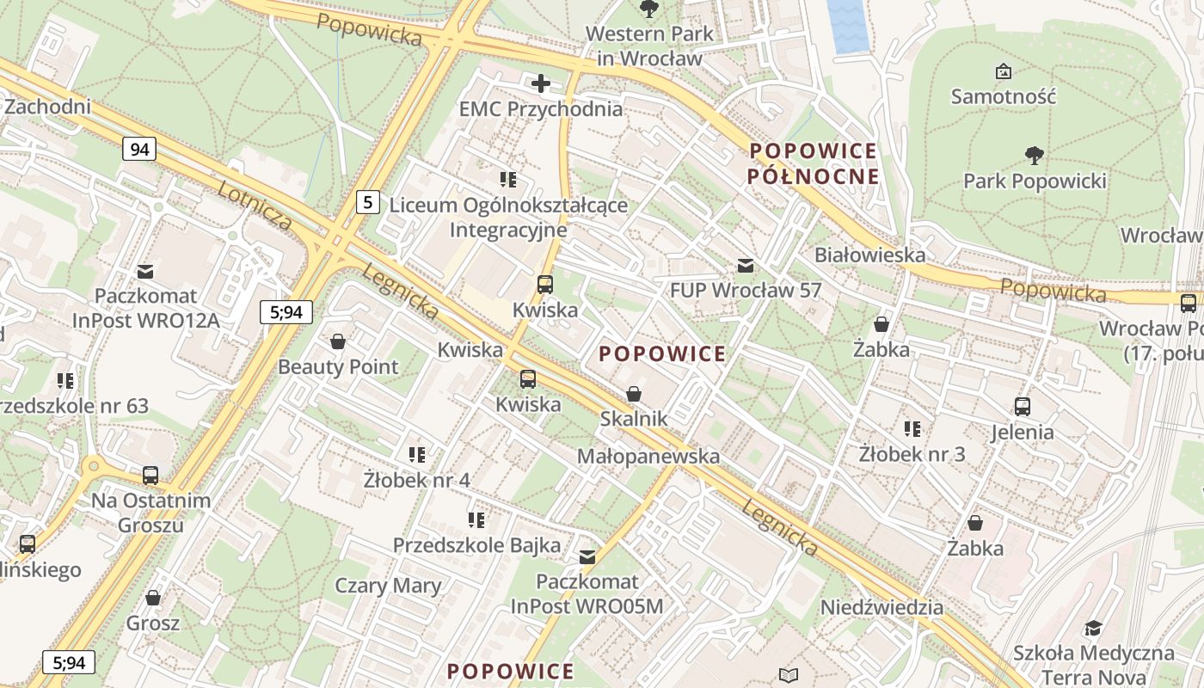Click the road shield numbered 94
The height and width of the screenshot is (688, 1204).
pyautogui.click(x=139, y=150)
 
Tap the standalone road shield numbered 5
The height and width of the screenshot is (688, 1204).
pyautogui.click(x=368, y=203)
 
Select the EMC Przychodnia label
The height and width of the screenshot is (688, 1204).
pyautogui.click(x=540, y=109)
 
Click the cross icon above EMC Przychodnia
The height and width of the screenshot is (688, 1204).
pyautogui.click(x=540, y=83)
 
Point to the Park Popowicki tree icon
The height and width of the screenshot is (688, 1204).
pyautogui.click(x=1034, y=156)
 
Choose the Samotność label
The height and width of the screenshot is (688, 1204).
pyautogui.click(x=1003, y=96)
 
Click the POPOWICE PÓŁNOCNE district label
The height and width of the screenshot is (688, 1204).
pyautogui.click(x=813, y=163)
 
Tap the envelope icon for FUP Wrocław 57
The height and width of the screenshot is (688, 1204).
pyautogui.click(x=745, y=266)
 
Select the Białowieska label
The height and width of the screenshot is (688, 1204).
pyautogui.click(x=869, y=255)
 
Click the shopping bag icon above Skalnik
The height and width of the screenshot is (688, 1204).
pyautogui.click(x=634, y=394)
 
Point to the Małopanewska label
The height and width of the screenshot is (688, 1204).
pyautogui.click(x=648, y=456)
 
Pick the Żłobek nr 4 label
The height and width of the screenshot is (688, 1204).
pyautogui.click(x=416, y=480)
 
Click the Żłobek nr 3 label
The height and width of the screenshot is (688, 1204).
pyautogui.click(x=912, y=453)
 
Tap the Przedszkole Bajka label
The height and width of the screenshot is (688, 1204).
pyautogui.click(x=476, y=545)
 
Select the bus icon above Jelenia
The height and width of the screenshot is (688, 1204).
pyautogui.click(x=1022, y=407)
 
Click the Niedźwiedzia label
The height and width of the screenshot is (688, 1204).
pyautogui.click(x=881, y=607)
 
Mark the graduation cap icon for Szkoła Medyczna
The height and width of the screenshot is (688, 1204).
pyautogui.click(x=1092, y=629)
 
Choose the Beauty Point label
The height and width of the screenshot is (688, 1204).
pyautogui.click(x=338, y=367)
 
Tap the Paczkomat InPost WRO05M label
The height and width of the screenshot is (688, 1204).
pyautogui.click(x=587, y=594)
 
